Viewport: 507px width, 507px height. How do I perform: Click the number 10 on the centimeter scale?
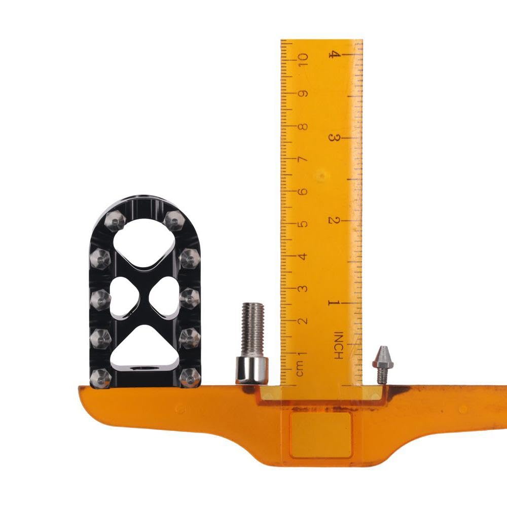pos(303,61)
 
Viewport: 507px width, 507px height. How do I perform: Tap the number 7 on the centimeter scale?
pos(303,160)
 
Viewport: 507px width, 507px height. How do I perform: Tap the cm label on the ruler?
pos(301,369)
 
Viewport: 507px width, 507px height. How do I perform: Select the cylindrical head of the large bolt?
pos(252,370)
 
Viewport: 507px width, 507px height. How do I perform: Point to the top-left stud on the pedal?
pos(115,221)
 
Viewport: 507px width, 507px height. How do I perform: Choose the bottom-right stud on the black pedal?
pos(190,377)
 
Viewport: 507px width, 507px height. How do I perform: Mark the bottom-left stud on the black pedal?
pos(100,377)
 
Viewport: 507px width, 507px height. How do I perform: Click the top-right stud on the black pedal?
pos(174,221)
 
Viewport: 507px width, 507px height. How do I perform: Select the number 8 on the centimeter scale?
pos(303,127)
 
